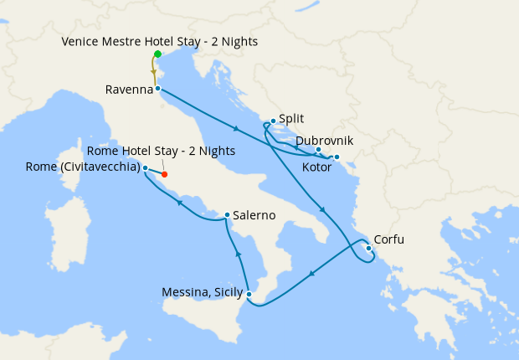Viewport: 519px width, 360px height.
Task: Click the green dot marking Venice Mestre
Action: point(157,54)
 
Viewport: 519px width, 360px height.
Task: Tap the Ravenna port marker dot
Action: point(157,88)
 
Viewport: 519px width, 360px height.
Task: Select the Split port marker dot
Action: point(273,121)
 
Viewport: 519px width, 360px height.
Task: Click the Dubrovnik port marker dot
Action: point(319,150)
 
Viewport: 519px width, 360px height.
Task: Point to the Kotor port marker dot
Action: point(337,157)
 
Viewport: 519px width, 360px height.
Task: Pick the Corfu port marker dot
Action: point(369,248)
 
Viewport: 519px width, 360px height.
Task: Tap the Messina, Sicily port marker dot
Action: point(249,293)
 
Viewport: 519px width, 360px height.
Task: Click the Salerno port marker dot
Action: point(227,215)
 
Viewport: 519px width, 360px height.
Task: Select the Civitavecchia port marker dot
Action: point(146,167)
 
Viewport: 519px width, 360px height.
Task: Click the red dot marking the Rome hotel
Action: point(164,175)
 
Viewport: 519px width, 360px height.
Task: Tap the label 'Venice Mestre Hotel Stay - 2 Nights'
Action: point(160,41)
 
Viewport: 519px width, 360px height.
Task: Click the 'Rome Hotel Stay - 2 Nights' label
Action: point(161,151)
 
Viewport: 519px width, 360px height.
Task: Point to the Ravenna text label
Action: point(128,89)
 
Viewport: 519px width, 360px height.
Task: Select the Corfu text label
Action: point(388,239)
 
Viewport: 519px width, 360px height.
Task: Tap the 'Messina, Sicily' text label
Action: point(203,293)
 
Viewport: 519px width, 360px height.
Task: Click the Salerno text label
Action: point(254,215)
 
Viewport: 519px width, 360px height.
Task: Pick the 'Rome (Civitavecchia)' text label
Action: point(83,167)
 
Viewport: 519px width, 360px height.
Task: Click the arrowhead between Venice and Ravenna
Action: point(154,73)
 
